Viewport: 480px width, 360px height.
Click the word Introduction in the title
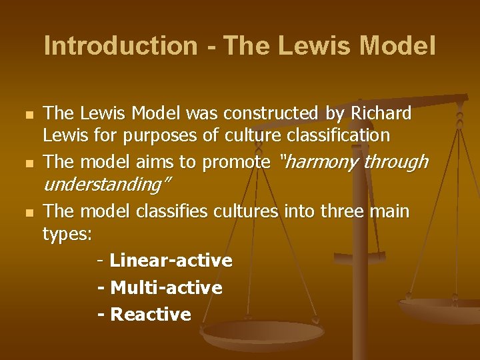120,46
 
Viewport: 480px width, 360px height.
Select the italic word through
395,162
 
